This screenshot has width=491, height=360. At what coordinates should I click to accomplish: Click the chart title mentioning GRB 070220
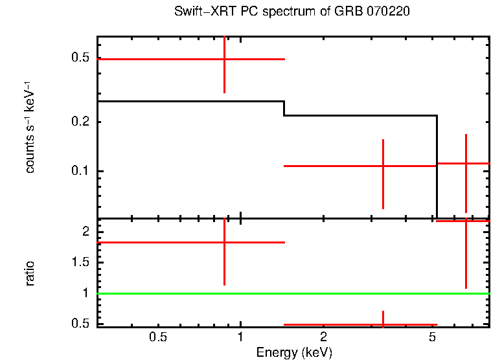291,12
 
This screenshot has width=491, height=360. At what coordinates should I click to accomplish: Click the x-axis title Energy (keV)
294,352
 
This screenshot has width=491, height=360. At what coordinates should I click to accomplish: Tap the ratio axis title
30,273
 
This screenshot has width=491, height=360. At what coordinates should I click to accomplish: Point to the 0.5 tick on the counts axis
80,58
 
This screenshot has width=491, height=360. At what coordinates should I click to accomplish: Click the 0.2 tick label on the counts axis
80,122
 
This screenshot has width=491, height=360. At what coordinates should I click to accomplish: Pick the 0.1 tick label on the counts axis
80,171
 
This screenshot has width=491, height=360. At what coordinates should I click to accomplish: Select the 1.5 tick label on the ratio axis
80,262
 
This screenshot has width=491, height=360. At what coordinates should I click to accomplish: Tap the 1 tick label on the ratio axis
84,293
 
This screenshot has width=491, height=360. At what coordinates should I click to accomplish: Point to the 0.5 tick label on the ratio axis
80,323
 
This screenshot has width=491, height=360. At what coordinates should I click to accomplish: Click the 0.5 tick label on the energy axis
158,337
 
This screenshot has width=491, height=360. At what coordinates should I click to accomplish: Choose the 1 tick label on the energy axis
241,337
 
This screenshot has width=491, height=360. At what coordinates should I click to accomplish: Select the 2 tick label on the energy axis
323,337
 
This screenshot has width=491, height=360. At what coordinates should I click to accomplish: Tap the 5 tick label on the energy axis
432,337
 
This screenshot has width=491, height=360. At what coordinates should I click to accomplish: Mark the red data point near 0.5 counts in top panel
224,59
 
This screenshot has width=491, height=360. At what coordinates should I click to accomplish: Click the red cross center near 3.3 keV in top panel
383,166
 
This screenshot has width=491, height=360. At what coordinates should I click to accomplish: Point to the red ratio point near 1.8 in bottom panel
224,242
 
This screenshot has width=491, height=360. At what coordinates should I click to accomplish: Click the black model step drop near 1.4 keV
284,109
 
